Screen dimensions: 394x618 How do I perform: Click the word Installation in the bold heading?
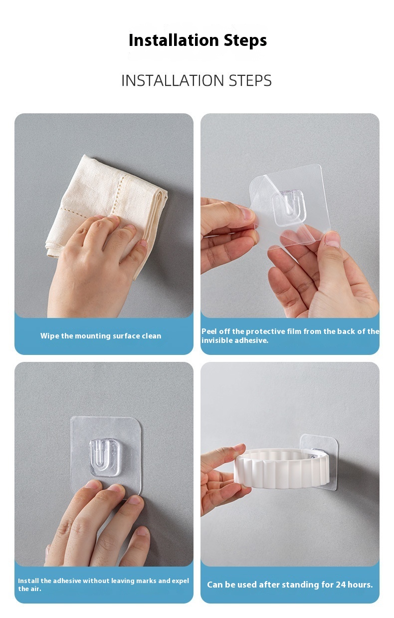pos(174,40)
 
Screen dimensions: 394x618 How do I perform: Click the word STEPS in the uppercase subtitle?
pos(250,80)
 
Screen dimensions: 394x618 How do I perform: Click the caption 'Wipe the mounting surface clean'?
pos(101,336)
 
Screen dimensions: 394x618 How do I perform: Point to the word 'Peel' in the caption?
pos(209,331)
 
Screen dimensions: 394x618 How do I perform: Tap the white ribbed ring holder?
pos(282,468)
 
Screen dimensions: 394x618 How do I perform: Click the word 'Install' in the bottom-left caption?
pos(28,581)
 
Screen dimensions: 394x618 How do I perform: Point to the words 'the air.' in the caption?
pos(30,589)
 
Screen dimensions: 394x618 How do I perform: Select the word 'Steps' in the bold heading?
pos(245,40)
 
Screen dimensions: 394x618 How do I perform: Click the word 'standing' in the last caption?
pos(296,585)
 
